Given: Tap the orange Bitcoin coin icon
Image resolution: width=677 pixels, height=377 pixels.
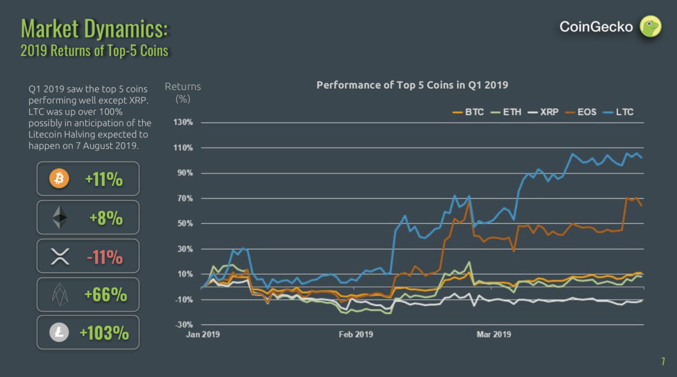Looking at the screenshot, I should coord(60,179).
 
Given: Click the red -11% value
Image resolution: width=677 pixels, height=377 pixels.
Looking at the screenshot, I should coord(105,257).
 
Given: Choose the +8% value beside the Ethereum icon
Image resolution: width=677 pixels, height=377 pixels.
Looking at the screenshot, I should coord(106,218).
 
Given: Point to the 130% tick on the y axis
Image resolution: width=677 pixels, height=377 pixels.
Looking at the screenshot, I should coord(183,122).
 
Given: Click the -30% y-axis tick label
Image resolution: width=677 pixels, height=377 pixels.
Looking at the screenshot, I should coord(183,325).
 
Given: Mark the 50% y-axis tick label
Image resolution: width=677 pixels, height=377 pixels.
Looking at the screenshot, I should coord(185,224).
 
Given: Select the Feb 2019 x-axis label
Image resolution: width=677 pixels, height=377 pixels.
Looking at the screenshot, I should coord(356,335).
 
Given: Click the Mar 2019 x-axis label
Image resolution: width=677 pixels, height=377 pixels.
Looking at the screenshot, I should coord(493,335).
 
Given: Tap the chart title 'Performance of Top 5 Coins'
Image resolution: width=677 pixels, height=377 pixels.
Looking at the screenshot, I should coord(412,85).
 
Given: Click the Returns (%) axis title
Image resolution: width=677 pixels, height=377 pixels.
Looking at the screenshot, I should coord(183,92).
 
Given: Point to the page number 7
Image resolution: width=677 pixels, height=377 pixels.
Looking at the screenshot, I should coord(663,361).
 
